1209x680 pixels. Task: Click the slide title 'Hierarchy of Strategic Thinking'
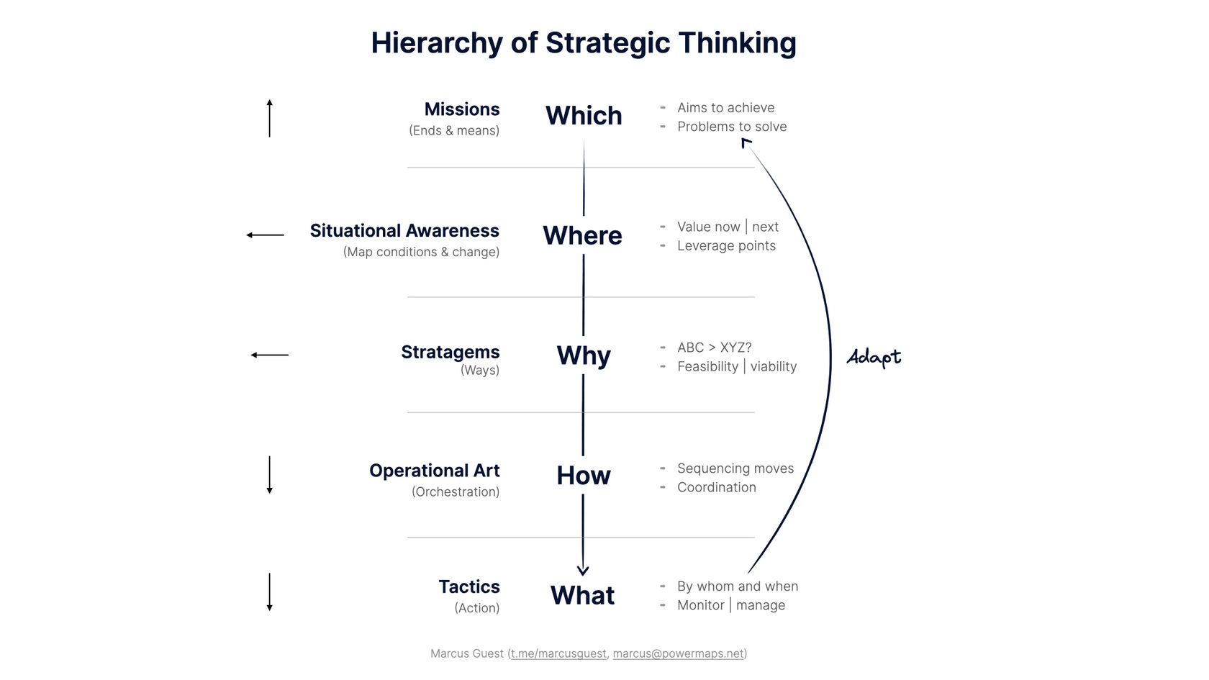[x=584, y=43]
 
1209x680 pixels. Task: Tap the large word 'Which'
[x=584, y=116]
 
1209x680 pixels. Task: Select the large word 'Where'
[x=582, y=236]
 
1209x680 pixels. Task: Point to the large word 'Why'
[x=584, y=355]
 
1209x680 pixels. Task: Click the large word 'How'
[x=584, y=476]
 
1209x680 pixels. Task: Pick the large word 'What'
[x=582, y=596]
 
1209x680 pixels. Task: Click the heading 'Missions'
[x=461, y=109]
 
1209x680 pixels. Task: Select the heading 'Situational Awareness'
[x=404, y=231]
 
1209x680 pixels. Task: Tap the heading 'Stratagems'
[x=450, y=352]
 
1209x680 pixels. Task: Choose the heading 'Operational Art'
[x=434, y=471]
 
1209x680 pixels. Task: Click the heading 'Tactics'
[x=469, y=587]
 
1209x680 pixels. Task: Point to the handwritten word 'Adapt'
[x=874, y=357]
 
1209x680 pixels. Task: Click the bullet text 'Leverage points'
[x=726, y=246]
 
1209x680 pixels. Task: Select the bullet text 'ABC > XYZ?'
[x=714, y=348]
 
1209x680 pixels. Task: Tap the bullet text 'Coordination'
[x=716, y=487]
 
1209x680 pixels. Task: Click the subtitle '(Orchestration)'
[x=456, y=492]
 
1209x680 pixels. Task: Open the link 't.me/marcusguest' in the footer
[x=558, y=653]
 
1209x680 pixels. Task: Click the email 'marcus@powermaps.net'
[x=678, y=653]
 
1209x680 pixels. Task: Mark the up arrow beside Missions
[x=270, y=119]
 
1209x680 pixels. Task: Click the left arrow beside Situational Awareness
[x=266, y=235]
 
